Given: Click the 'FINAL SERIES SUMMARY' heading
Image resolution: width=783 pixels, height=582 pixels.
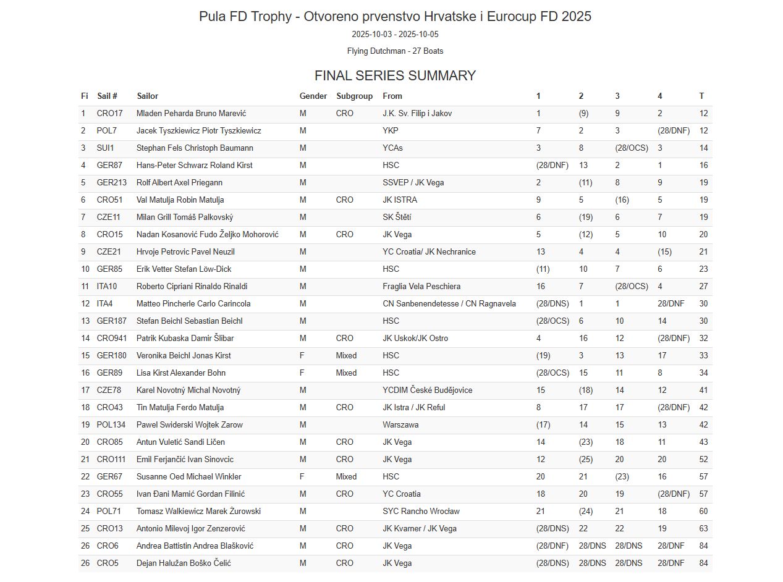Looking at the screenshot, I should coord(395,76).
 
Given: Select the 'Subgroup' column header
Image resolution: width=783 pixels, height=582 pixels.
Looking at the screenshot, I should coord(354,96).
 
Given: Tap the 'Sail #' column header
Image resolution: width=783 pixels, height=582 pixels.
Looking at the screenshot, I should coord(107,96).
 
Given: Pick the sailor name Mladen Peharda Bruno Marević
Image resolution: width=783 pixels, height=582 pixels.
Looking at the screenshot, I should coord(191,114).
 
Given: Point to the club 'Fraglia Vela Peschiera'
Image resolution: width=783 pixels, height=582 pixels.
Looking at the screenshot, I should coord(421,287).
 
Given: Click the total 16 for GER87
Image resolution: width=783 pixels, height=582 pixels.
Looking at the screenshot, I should coord(703,166).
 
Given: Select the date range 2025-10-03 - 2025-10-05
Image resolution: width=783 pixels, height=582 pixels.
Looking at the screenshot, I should coord(395,35).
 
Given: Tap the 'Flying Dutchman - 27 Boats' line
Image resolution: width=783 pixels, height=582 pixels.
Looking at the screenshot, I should coord(395,51).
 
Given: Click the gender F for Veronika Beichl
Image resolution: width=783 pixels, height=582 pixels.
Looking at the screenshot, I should coord(302,356).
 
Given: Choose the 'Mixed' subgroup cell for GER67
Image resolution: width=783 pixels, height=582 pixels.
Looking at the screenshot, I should coord(346,477).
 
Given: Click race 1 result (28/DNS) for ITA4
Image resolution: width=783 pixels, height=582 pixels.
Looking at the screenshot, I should coord(552,304).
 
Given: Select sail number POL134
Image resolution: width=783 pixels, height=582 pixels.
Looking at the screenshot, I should coord(111,425).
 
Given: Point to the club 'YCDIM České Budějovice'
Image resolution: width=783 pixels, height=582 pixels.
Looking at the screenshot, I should coord(427,390).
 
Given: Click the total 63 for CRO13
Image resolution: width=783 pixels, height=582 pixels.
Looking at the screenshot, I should coord(703,529).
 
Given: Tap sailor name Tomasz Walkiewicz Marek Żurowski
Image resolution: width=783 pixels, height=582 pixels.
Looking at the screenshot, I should coord(198,512).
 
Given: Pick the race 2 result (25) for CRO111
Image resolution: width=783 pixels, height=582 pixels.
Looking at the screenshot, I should coord(585,460).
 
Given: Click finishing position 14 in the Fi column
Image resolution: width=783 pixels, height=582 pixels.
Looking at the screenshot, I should coord(85,339).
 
